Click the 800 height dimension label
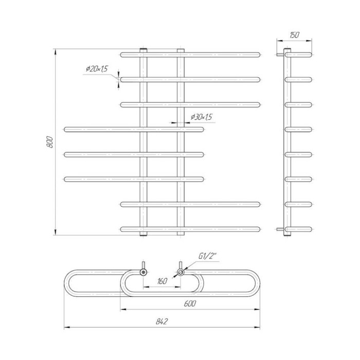click(50, 142)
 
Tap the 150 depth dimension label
click(294, 35)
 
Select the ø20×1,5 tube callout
click(97, 68)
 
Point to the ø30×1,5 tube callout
click(202, 117)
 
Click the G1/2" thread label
click(208, 256)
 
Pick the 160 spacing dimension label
click(163, 281)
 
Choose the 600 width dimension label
click(190, 303)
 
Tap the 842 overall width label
click(162, 321)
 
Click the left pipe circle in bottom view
click(143, 272)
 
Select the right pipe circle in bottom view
click(181, 272)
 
